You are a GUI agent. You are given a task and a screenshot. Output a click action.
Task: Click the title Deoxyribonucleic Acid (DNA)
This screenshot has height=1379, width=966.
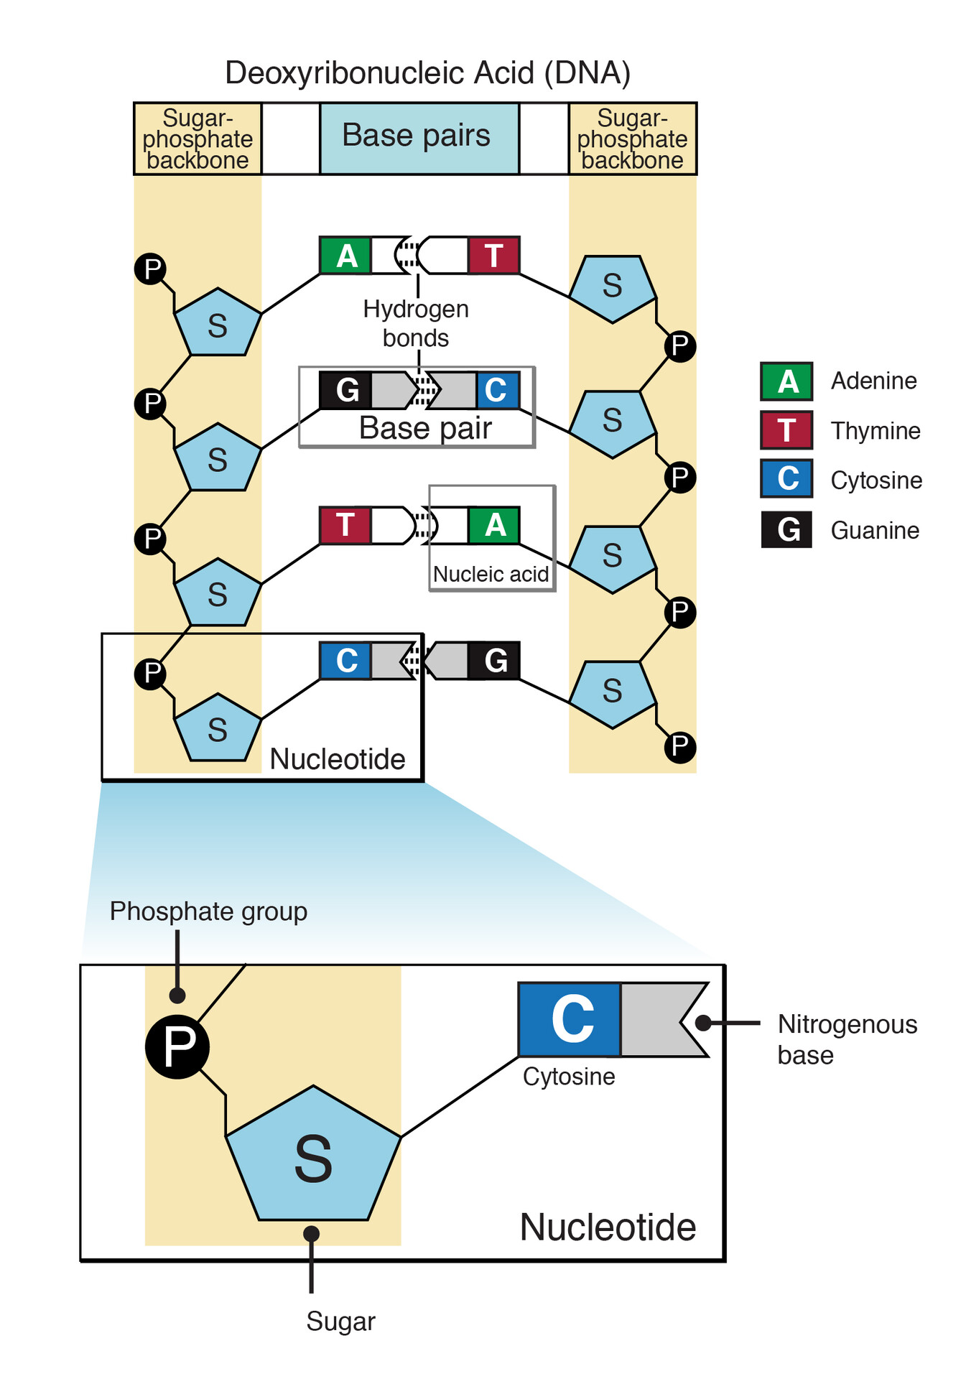[x=427, y=73]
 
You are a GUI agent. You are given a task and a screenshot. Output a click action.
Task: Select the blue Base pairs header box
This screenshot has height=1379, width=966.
[x=419, y=138]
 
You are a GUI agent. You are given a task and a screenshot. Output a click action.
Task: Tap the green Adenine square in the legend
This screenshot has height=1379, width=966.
[x=786, y=381]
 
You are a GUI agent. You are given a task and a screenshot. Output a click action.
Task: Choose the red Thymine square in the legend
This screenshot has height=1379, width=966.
[x=786, y=430]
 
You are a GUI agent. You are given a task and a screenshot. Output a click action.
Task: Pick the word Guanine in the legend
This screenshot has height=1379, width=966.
[x=874, y=531]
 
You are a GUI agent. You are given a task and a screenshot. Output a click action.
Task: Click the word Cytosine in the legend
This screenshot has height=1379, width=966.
[x=876, y=480]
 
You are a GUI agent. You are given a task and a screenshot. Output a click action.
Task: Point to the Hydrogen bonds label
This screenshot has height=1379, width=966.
[x=416, y=323]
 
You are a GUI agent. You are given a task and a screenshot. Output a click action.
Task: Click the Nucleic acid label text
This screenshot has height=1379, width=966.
[x=491, y=575]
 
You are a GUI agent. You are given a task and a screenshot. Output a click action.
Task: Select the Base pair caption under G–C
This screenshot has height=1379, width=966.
[x=425, y=429]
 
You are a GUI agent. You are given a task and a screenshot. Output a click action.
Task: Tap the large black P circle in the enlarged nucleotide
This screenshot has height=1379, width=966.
[x=177, y=1046]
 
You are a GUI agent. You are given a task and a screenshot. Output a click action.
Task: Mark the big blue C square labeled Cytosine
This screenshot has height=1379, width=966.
[x=570, y=1019]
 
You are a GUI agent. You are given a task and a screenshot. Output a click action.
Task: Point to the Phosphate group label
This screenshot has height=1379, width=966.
[x=208, y=911]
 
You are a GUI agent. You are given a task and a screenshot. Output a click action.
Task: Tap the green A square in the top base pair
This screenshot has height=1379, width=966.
[x=345, y=256]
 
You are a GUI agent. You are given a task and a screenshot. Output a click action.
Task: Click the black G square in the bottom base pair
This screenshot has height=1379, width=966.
[x=494, y=661]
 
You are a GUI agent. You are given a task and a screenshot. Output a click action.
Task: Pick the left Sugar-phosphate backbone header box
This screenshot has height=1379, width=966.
[x=198, y=139]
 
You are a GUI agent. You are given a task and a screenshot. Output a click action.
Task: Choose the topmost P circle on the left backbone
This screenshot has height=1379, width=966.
[x=151, y=269]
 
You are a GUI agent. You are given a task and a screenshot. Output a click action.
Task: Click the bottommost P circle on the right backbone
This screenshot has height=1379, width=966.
[x=679, y=747]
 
